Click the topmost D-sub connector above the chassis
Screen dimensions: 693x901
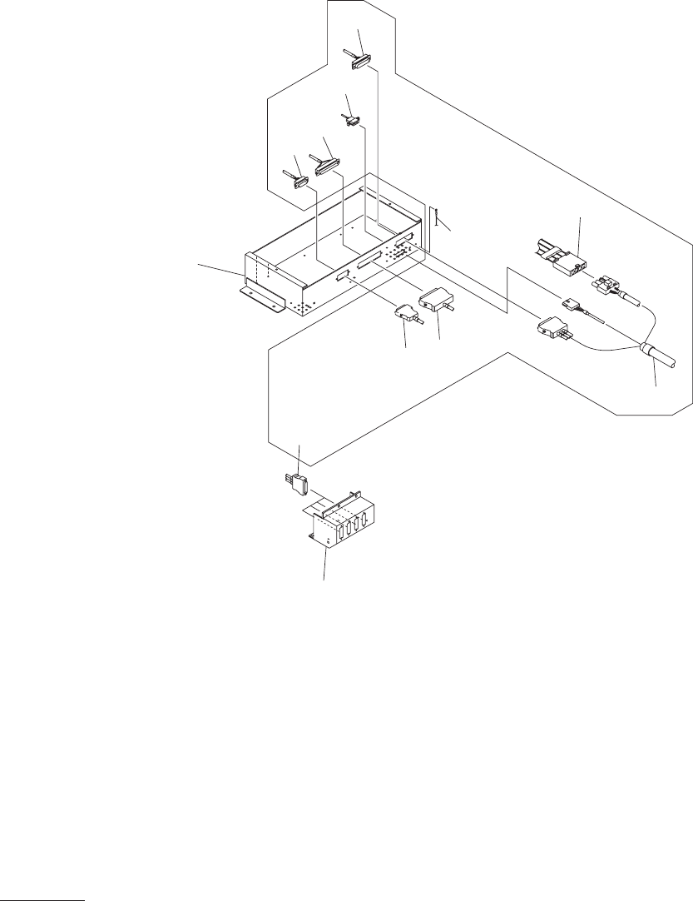coord(361,62)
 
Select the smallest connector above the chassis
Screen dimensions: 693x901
coord(353,123)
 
